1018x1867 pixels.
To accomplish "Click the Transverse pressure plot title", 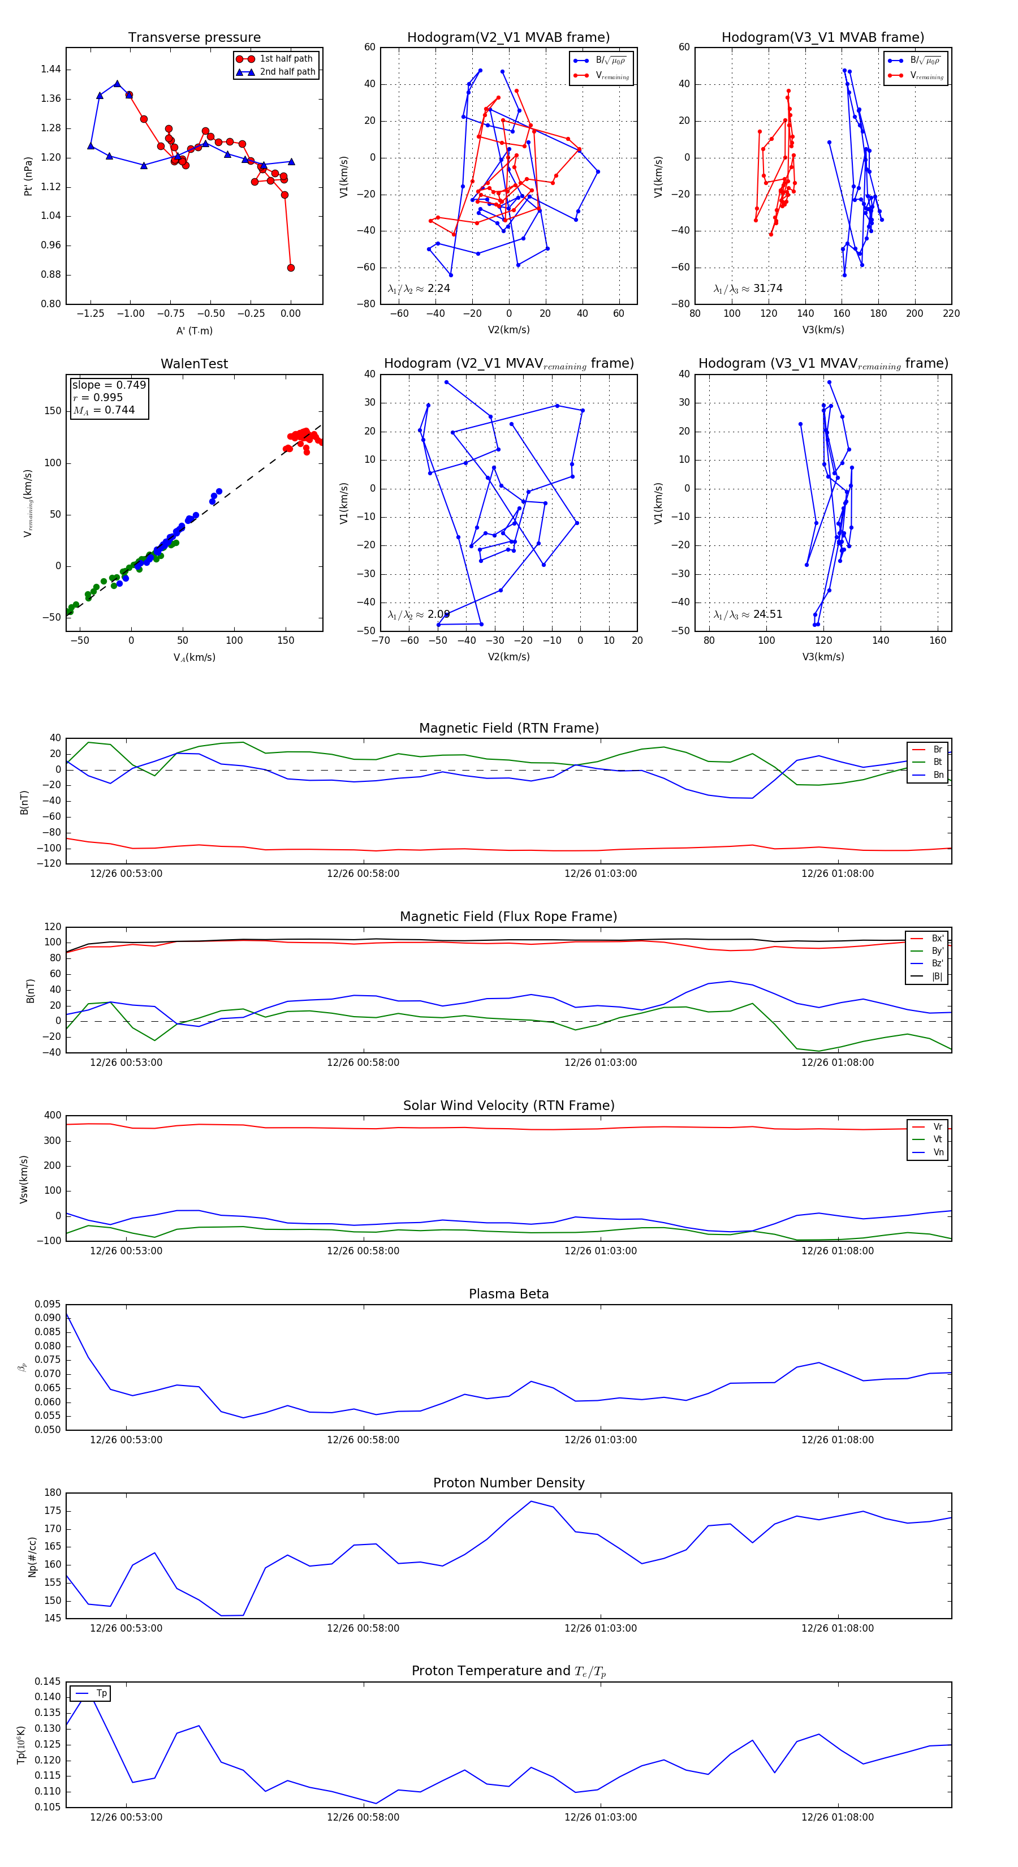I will (x=194, y=38).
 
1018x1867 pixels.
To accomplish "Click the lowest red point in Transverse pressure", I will (x=291, y=268).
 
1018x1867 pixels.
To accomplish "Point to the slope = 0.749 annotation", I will (x=109, y=385).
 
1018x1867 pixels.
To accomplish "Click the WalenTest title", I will (x=194, y=364).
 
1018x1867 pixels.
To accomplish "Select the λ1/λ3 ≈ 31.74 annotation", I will (x=748, y=289).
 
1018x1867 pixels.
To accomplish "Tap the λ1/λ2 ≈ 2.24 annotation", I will (x=419, y=289).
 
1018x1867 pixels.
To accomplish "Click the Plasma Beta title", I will (x=508, y=1294).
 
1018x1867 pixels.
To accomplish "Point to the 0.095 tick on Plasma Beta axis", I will (x=48, y=1305).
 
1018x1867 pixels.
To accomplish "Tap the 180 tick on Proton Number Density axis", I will (x=53, y=1493).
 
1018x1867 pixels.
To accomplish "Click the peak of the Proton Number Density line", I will (x=530, y=1501).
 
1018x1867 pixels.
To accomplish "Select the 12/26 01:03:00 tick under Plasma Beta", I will (x=600, y=1440).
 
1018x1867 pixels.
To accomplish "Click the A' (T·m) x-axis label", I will (x=194, y=330).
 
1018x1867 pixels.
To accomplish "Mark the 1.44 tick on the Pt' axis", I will (x=51, y=70).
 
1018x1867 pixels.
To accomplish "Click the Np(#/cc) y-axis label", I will (x=32, y=1557).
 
